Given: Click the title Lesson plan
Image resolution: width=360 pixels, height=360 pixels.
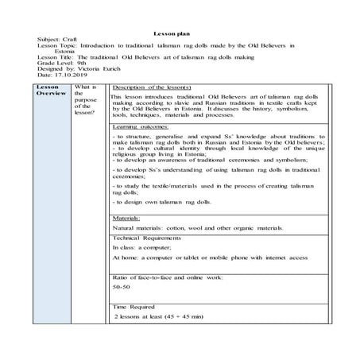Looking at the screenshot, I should tap(179, 30).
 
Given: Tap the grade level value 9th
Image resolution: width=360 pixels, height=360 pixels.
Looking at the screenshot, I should tap(81, 64).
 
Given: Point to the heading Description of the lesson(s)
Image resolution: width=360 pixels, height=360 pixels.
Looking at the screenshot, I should tap(149, 86).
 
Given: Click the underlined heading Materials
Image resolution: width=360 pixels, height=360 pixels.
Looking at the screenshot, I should tap(127, 217).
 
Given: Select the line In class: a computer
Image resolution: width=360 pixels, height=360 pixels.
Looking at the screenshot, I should tap(142, 248).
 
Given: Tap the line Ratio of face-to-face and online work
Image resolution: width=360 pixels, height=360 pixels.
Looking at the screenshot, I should tap(167, 276).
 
